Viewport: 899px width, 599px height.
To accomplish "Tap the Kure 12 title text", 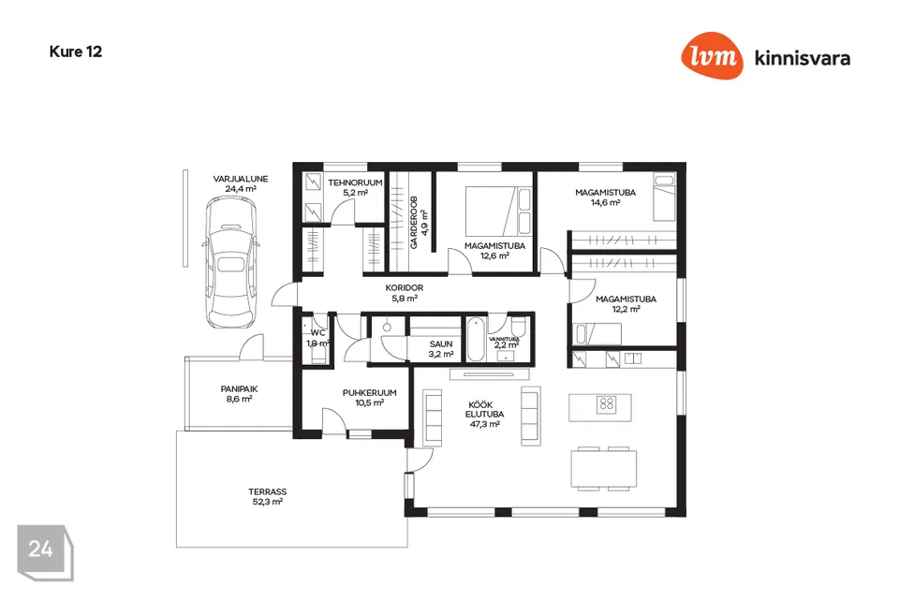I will (76, 51).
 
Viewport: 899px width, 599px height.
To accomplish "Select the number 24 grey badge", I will (41, 549).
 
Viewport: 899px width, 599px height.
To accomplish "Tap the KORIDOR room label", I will (405, 288).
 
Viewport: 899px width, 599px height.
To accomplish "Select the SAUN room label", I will (441, 344).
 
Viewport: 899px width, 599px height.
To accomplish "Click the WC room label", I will (317, 332).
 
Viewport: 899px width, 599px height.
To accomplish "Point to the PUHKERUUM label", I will (370, 393).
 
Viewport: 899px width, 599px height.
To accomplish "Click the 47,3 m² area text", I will (484, 424).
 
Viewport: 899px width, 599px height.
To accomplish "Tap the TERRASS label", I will (267, 491).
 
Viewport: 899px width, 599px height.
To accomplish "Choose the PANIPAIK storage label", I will (239, 388).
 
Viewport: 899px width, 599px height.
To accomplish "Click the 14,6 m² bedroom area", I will (605, 202).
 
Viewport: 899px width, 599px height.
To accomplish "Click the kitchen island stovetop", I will (607, 404).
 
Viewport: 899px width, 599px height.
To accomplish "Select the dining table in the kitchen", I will (604, 468).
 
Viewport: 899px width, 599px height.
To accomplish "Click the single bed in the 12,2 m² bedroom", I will (598, 333).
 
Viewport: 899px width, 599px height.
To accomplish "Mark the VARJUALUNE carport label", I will (241, 178).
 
